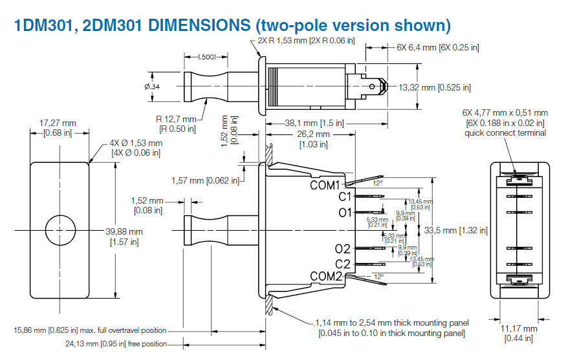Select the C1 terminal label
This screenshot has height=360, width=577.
[344, 197]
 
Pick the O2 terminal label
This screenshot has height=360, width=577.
[343, 249]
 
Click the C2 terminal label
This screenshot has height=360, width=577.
[343, 264]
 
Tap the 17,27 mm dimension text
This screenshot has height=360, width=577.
[58, 123]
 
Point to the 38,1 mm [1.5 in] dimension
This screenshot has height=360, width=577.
[314, 122]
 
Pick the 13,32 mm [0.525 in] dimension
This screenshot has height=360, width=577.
[434, 87]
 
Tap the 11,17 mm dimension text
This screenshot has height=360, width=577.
[519, 329]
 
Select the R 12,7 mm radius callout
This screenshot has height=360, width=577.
[175, 120]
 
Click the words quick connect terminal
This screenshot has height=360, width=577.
[505, 133]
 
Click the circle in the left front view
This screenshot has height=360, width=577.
[60, 230]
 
